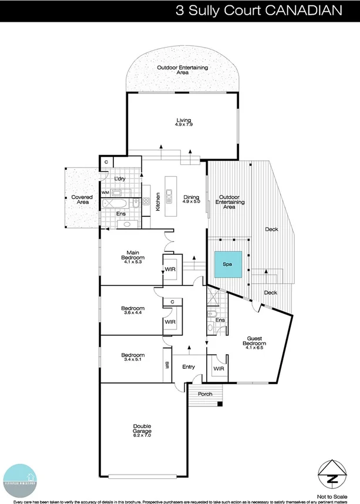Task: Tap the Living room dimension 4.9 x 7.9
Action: [x=184, y=125]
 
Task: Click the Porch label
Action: [x=205, y=394]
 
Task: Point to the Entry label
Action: [x=189, y=367]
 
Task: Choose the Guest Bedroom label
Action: [x=255, y=342]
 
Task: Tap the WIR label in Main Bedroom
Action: [x=170, y=270]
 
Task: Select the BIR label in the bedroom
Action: [x=167, y=365]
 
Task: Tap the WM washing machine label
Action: [x=105, y=192]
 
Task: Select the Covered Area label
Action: [x=82, y=199]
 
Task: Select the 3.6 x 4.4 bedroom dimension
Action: [x=133, y=313]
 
